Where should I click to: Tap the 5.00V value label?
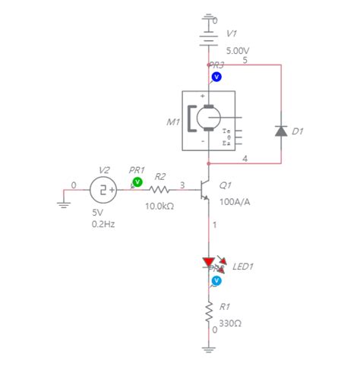pyautogui.click(x=238, y=50)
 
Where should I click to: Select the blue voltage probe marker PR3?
pyautogui.click(x=216, y=76)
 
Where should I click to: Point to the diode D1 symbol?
pyautogui.click(x=281, y=131)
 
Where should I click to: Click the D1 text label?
pyautogui.click(x=298, y=131)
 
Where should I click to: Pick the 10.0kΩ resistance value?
pyautogui.click(x=159, y=206)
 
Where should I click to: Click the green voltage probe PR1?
pyautogui.click(x=137, y=182)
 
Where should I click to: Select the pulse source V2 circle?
pyautogui.click(x=103, y=188)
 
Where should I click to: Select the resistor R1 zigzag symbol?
pyautogui.click(x=208, y=311)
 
